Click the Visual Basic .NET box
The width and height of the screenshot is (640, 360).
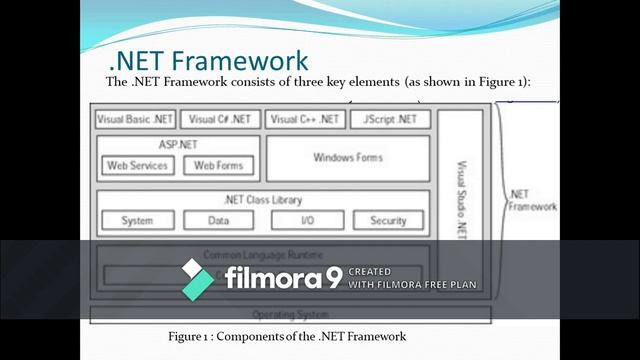(135, 119)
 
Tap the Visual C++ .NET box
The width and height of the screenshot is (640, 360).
(305, 119)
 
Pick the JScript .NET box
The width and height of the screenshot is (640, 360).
(390, 119)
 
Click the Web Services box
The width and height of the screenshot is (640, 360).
(137, 165)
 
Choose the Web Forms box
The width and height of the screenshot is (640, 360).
(218, 165)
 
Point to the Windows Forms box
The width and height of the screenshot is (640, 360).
(348, 158)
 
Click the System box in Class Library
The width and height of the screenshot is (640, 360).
(137, 220)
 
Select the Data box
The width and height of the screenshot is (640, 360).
(218, 220)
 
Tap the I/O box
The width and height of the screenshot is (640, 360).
(307, 220)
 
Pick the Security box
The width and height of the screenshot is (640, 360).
(388, 220)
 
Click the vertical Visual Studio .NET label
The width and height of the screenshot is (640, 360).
(461, 199)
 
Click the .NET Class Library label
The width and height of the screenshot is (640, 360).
(263, 200)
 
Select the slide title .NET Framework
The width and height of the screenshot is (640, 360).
(208, 61)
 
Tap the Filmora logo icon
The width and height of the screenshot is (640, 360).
(197, 278)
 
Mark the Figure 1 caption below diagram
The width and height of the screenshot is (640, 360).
(287, 336)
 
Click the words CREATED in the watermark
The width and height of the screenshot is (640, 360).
(370, 271)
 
